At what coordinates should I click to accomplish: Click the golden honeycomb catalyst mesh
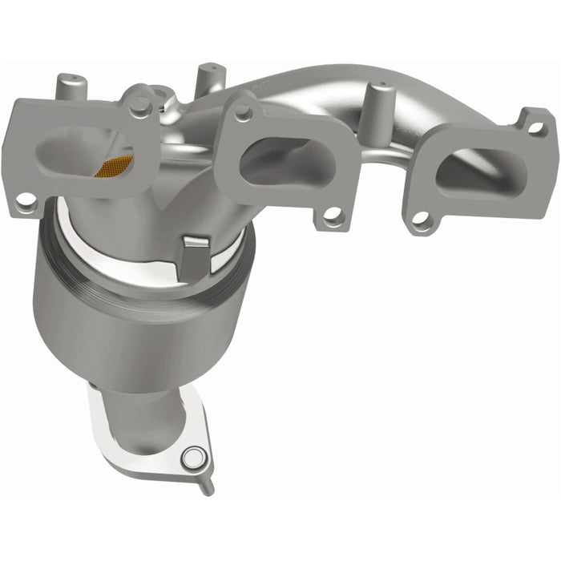click(113, 166)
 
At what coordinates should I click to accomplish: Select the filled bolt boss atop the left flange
click(139, 103)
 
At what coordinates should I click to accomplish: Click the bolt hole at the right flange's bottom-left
click(420, 219)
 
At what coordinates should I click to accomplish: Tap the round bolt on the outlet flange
click(192, 458)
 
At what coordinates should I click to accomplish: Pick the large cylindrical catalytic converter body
click(128, 321)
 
